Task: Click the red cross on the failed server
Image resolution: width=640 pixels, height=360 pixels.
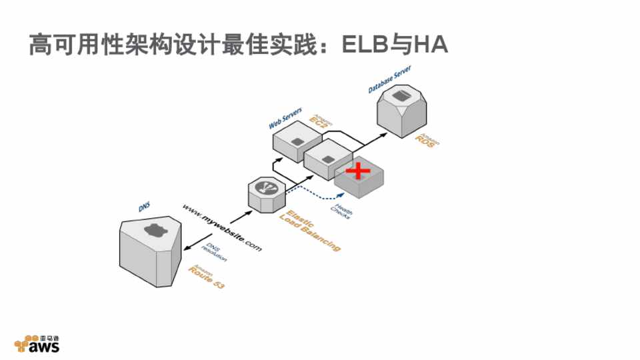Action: click(359, 171)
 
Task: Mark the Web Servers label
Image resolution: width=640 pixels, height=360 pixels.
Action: click(285, 118)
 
